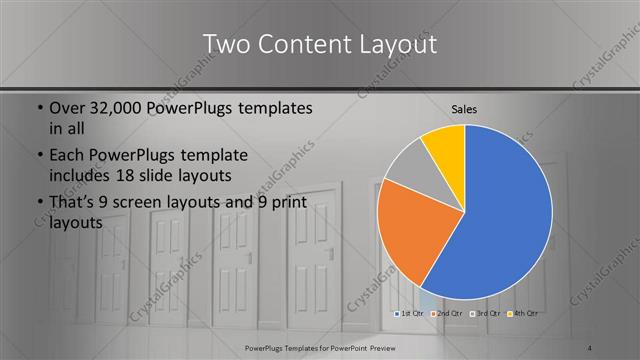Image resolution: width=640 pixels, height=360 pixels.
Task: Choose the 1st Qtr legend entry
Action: click(411, 313)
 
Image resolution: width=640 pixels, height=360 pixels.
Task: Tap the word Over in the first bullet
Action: click(70, 108)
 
